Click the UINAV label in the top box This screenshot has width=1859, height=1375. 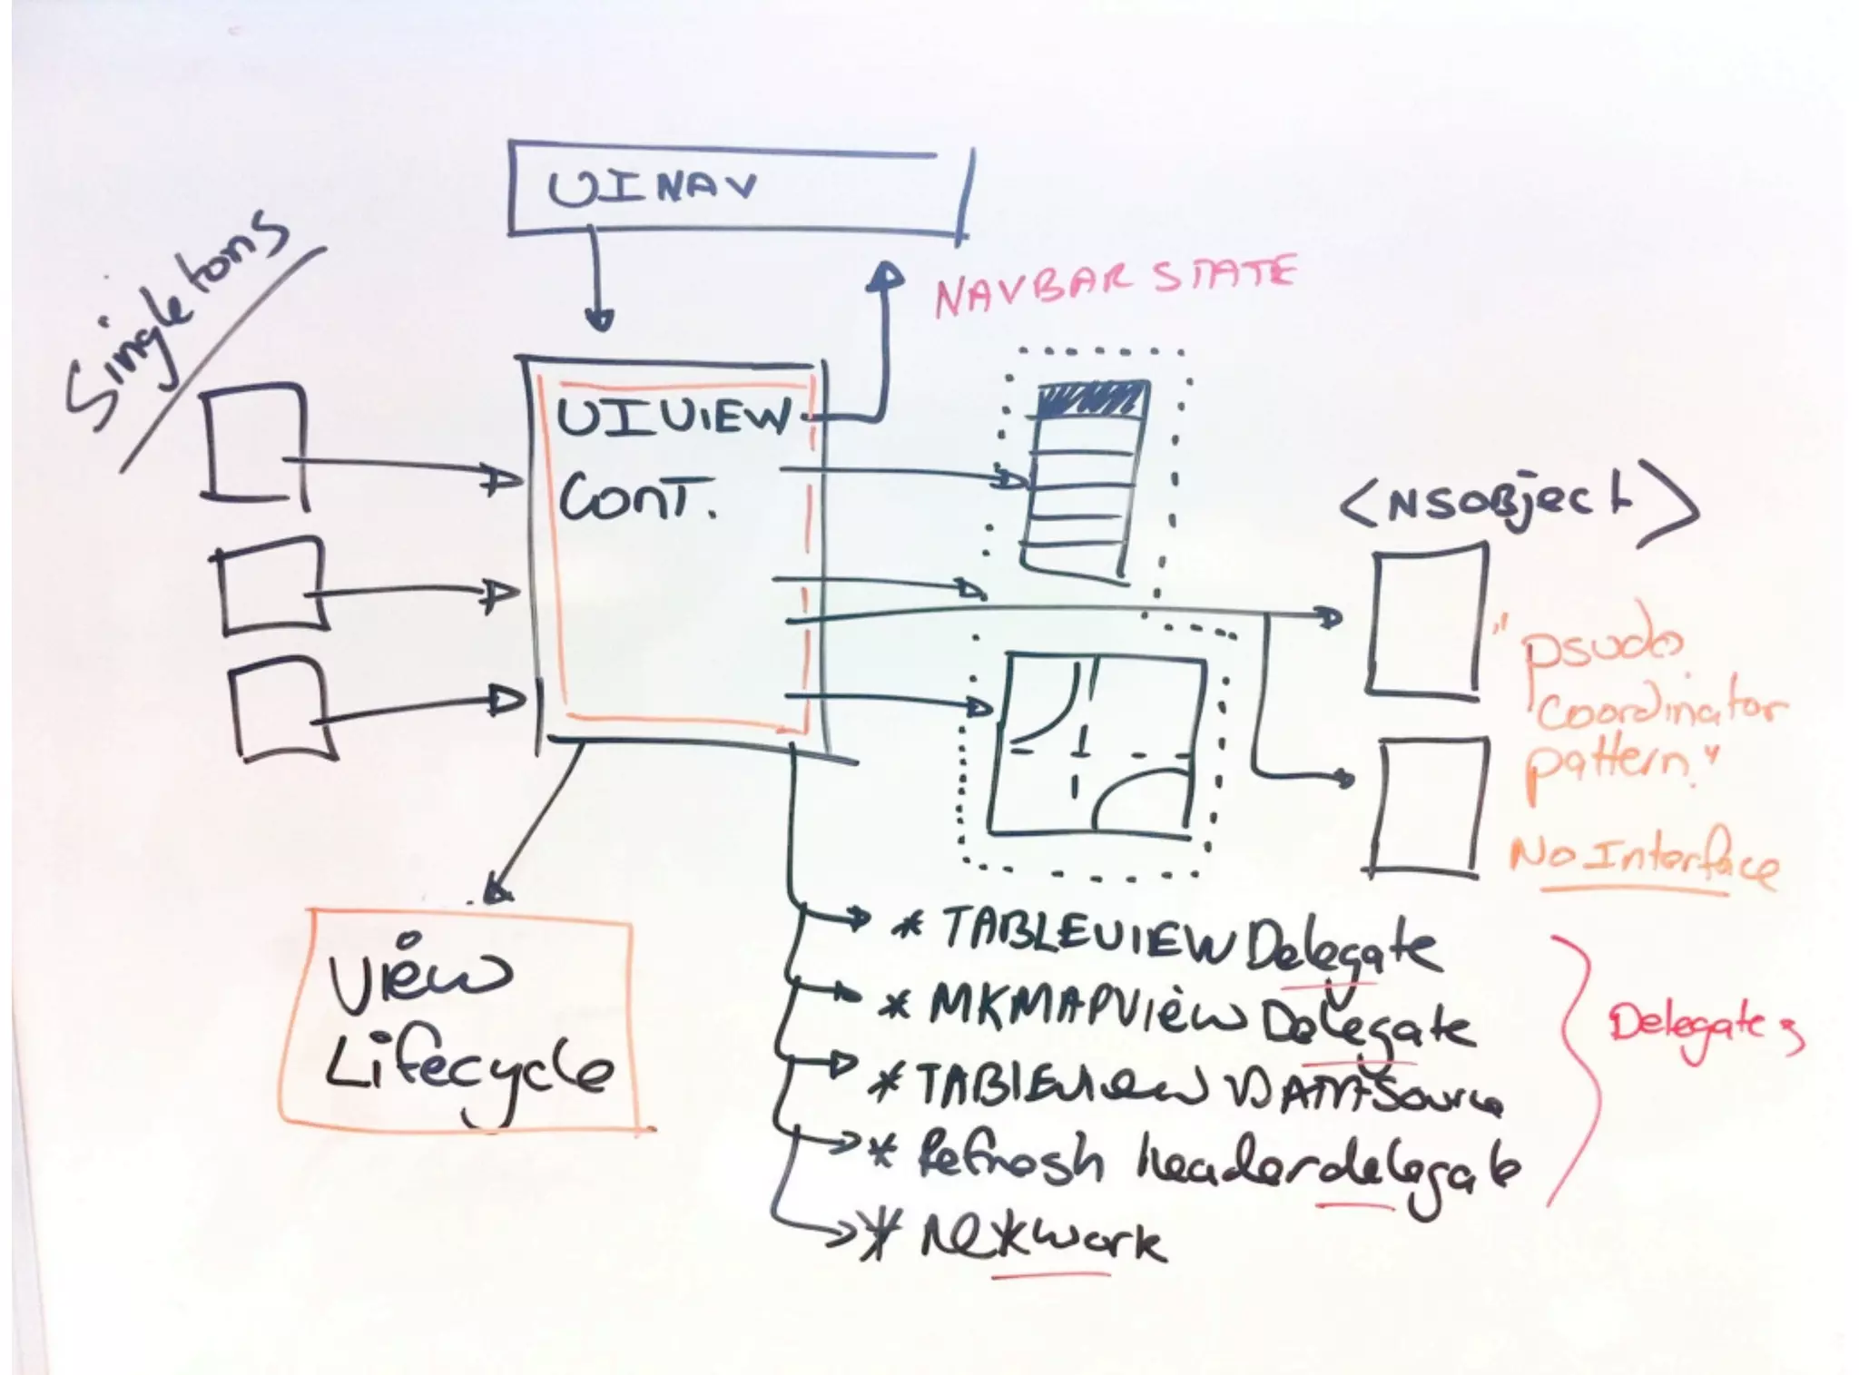click(652, 188)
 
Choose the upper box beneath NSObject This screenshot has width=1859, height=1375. click(1428, 624)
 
